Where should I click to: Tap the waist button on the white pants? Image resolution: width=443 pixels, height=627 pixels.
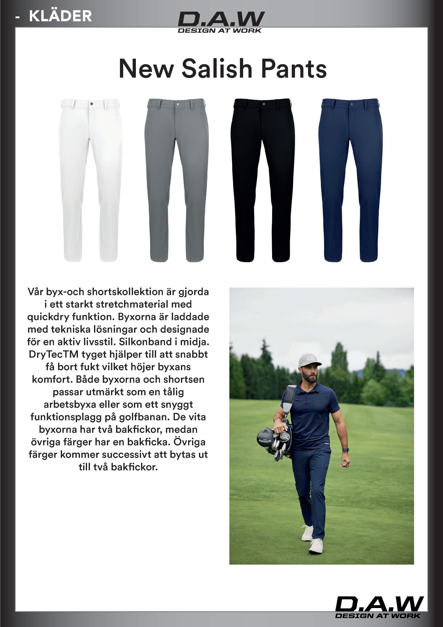pos(91,104)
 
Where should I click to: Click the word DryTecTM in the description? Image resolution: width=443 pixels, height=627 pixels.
pos(53,354)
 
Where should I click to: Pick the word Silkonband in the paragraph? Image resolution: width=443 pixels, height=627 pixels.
pos(150,342)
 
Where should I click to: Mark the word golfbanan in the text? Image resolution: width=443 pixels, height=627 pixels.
pos(146,417)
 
